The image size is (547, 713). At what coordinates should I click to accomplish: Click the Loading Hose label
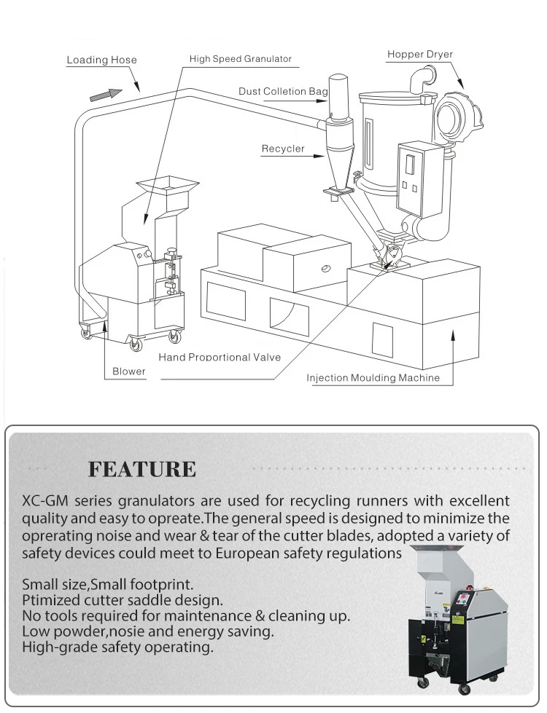[x=101, y=60]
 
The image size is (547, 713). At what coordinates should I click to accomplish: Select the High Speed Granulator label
[x=241, y=59]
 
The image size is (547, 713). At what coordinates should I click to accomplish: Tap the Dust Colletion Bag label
[x=283, y=92]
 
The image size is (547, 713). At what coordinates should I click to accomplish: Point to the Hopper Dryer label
[x=420, y=55]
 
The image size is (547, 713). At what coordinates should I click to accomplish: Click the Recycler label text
[x=283, y=149]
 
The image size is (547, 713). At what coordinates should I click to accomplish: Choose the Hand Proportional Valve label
[x=220, y=358]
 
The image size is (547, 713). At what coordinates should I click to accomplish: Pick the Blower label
[x=128, y=371]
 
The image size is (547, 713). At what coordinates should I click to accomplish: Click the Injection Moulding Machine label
[x=373, y=378]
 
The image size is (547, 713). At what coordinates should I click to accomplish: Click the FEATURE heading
[x=142, y=470]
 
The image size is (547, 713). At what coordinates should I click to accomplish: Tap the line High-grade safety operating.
[x=117, y=647]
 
